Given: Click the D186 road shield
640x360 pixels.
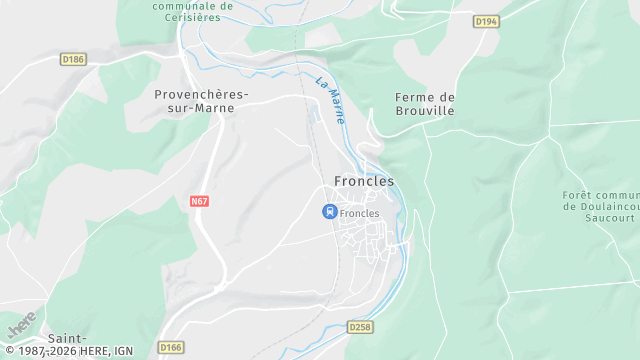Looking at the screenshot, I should point(74,60).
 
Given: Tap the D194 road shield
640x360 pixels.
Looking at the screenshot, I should point(486,21).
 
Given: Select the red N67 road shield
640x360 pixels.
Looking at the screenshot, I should point(199,201).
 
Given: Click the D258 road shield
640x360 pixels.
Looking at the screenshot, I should point(360,327).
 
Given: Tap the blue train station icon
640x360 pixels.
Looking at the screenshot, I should point(328,212).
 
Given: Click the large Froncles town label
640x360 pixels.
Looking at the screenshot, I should point(364,182).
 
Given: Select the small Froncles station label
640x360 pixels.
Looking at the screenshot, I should point(360,213).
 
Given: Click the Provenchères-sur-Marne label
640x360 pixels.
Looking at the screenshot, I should point(201,101).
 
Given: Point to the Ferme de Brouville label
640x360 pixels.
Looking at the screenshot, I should point(425,104).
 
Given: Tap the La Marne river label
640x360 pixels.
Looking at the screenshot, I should point(331,100).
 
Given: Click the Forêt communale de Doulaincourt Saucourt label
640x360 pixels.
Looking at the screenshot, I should point(600,207).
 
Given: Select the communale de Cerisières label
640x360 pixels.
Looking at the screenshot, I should point(192,11).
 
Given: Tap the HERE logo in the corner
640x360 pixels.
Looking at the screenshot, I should point(21,325).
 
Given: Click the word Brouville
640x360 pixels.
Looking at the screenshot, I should point(425,111).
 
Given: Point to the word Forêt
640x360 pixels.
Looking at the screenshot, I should point(579,194).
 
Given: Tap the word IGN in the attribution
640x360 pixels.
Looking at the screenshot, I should point(123,352).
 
